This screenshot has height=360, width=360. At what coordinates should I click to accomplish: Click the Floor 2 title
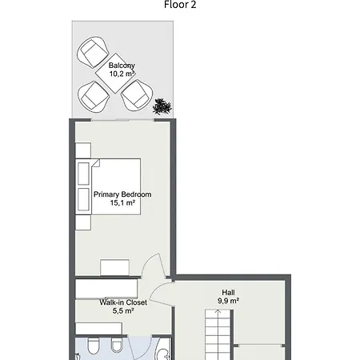(x=180, y=5)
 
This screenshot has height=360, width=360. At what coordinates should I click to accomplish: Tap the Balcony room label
(x=122, y=65)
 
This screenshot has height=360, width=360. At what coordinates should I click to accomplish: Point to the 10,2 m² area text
(x=122, y=74)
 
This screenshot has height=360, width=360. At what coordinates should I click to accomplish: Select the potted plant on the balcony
(x=163, y=105)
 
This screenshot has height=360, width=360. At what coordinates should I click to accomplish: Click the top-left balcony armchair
(x=92, y=54)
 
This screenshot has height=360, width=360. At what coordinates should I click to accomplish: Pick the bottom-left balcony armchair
(x=93, y=98)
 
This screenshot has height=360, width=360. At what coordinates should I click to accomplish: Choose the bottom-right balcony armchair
(x=136, y=94)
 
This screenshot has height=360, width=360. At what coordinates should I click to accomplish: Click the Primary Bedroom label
(x=122, y=194)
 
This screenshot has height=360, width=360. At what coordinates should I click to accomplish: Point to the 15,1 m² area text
(x=122, y=203)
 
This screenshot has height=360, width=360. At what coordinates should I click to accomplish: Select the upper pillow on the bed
(x=83, y=174)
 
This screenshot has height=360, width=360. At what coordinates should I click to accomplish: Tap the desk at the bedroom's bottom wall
(x=118, y=267)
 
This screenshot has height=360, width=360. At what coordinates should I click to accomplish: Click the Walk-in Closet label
(x=122, y=302)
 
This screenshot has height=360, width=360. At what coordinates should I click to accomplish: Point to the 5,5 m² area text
(x=122, y=311)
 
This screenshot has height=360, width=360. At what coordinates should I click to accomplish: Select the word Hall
(x=229, y=292)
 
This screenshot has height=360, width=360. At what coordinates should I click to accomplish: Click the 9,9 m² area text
(x=229, y=301)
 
